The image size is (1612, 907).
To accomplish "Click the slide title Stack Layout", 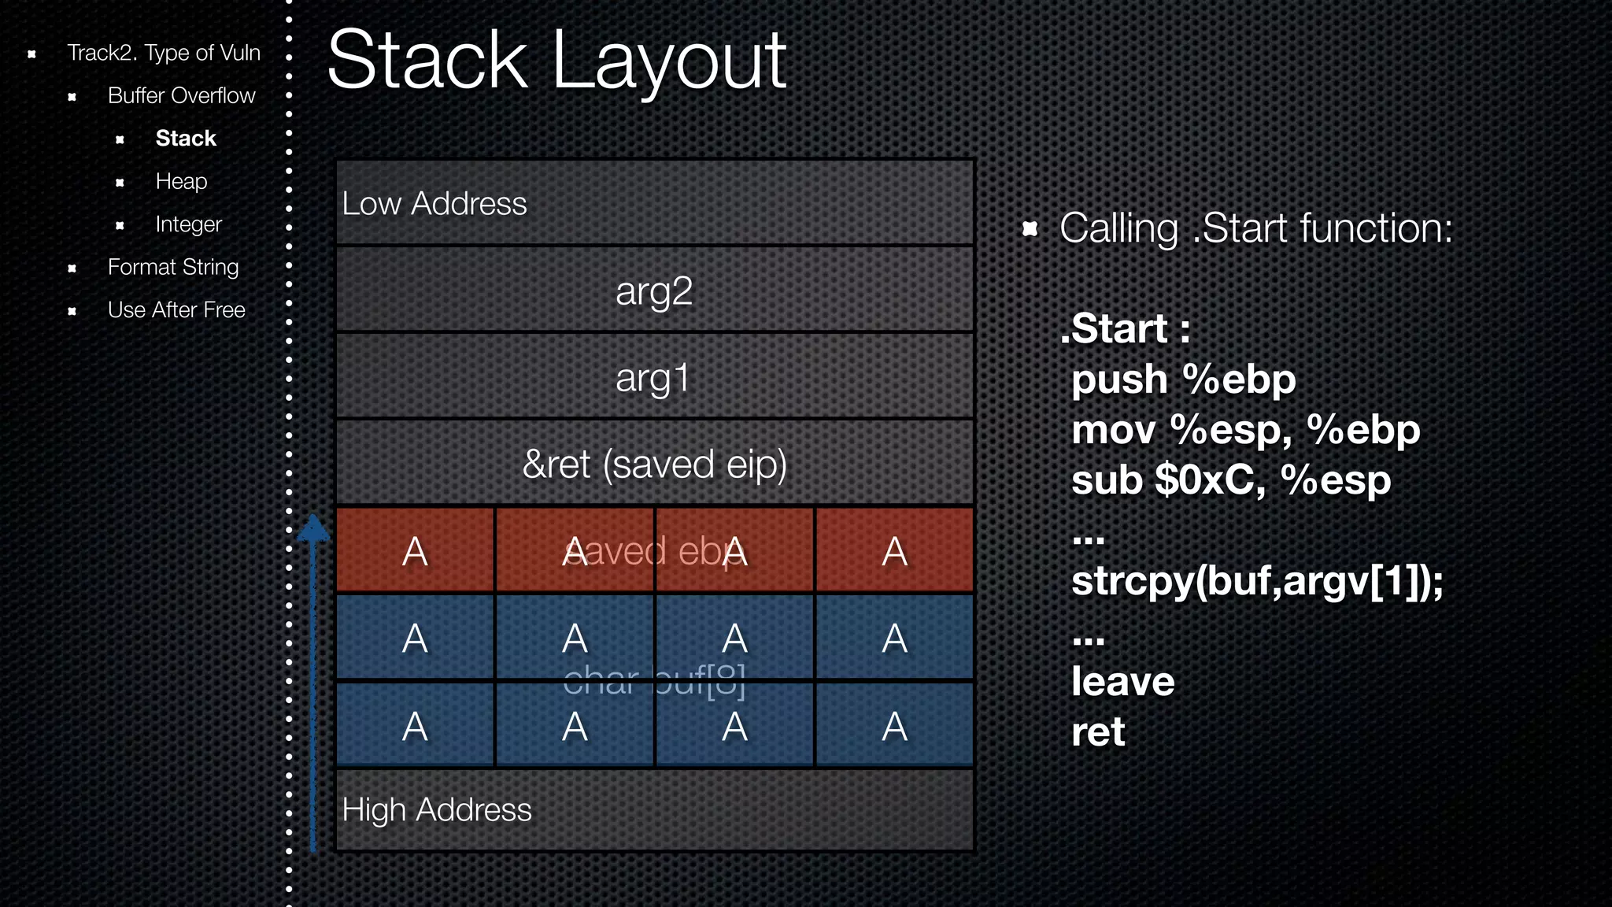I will (556, 61).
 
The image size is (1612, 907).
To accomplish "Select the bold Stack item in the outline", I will (185, 139).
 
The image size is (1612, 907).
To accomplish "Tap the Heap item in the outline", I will (181, 181).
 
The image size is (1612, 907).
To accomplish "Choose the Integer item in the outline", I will (188, 224).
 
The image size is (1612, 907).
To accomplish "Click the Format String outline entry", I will (172, 267).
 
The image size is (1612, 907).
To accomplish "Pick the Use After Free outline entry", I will (176, 310).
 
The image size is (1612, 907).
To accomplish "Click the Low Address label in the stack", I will (434, 204).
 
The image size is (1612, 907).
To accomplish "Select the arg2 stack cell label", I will (653, 291).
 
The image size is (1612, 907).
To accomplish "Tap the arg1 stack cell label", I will (653, 378).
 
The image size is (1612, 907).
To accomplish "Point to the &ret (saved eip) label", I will (654, 465).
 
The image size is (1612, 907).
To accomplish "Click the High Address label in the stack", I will (436, 810).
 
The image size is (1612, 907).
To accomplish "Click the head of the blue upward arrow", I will (313, 528).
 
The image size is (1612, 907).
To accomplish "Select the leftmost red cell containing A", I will (415, 551).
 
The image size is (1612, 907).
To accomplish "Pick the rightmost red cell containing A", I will (894, 551).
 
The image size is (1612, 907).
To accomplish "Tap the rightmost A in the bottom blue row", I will (894, 726).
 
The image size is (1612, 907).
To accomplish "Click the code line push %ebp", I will (1182, 380).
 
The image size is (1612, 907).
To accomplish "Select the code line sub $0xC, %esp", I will (1230, 480).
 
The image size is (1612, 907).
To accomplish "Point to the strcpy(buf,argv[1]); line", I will (1256, 582).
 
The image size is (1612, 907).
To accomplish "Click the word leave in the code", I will (1122, 682).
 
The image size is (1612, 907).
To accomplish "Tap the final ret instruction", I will (1097, 732).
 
